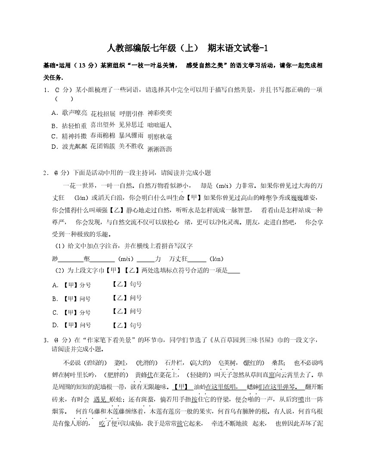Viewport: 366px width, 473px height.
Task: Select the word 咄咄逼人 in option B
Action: [159, 125]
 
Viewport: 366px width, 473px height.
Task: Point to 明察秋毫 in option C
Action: [159, 137]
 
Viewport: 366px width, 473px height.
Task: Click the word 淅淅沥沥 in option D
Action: [159, 149]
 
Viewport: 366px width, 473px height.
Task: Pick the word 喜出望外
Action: [103, 125]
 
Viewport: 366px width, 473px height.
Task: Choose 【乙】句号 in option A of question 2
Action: [127, 284]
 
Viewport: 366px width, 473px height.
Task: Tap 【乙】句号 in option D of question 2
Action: [127, 326]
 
